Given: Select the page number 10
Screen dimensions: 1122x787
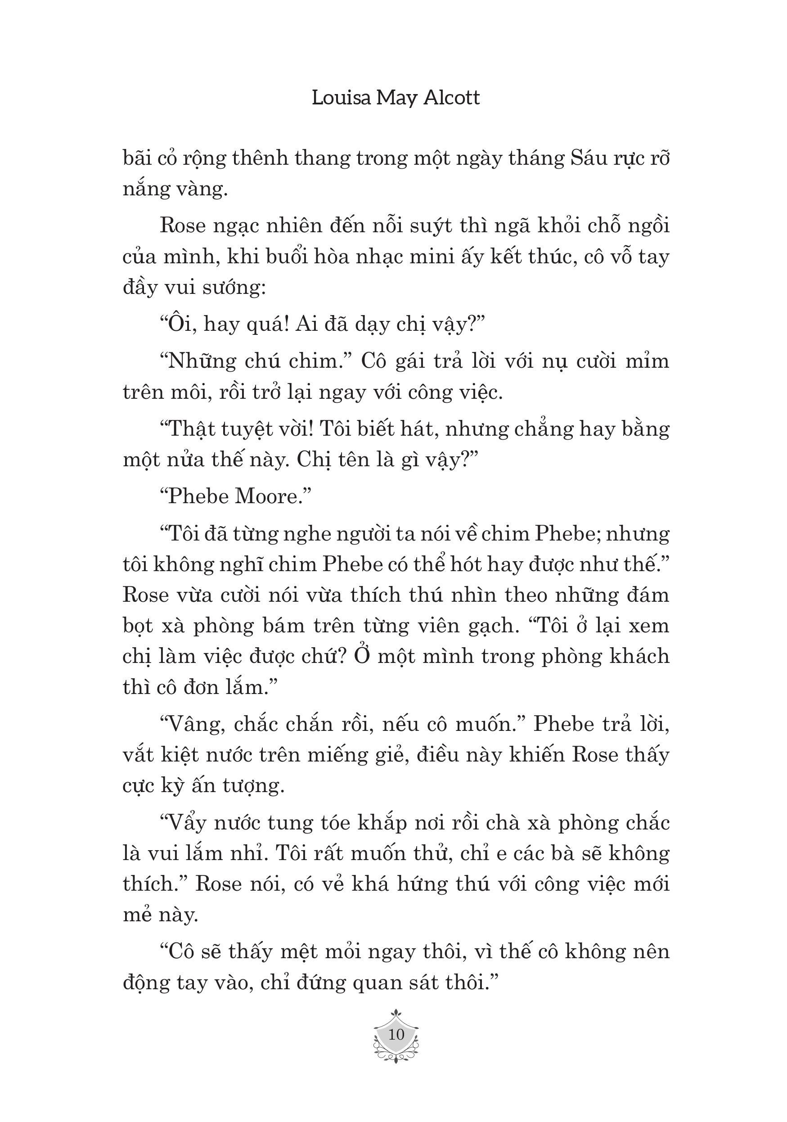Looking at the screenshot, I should point(396,1034).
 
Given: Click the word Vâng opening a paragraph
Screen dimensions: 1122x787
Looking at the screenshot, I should point(193,724).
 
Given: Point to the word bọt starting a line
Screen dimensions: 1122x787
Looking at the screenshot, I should point(138,626).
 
